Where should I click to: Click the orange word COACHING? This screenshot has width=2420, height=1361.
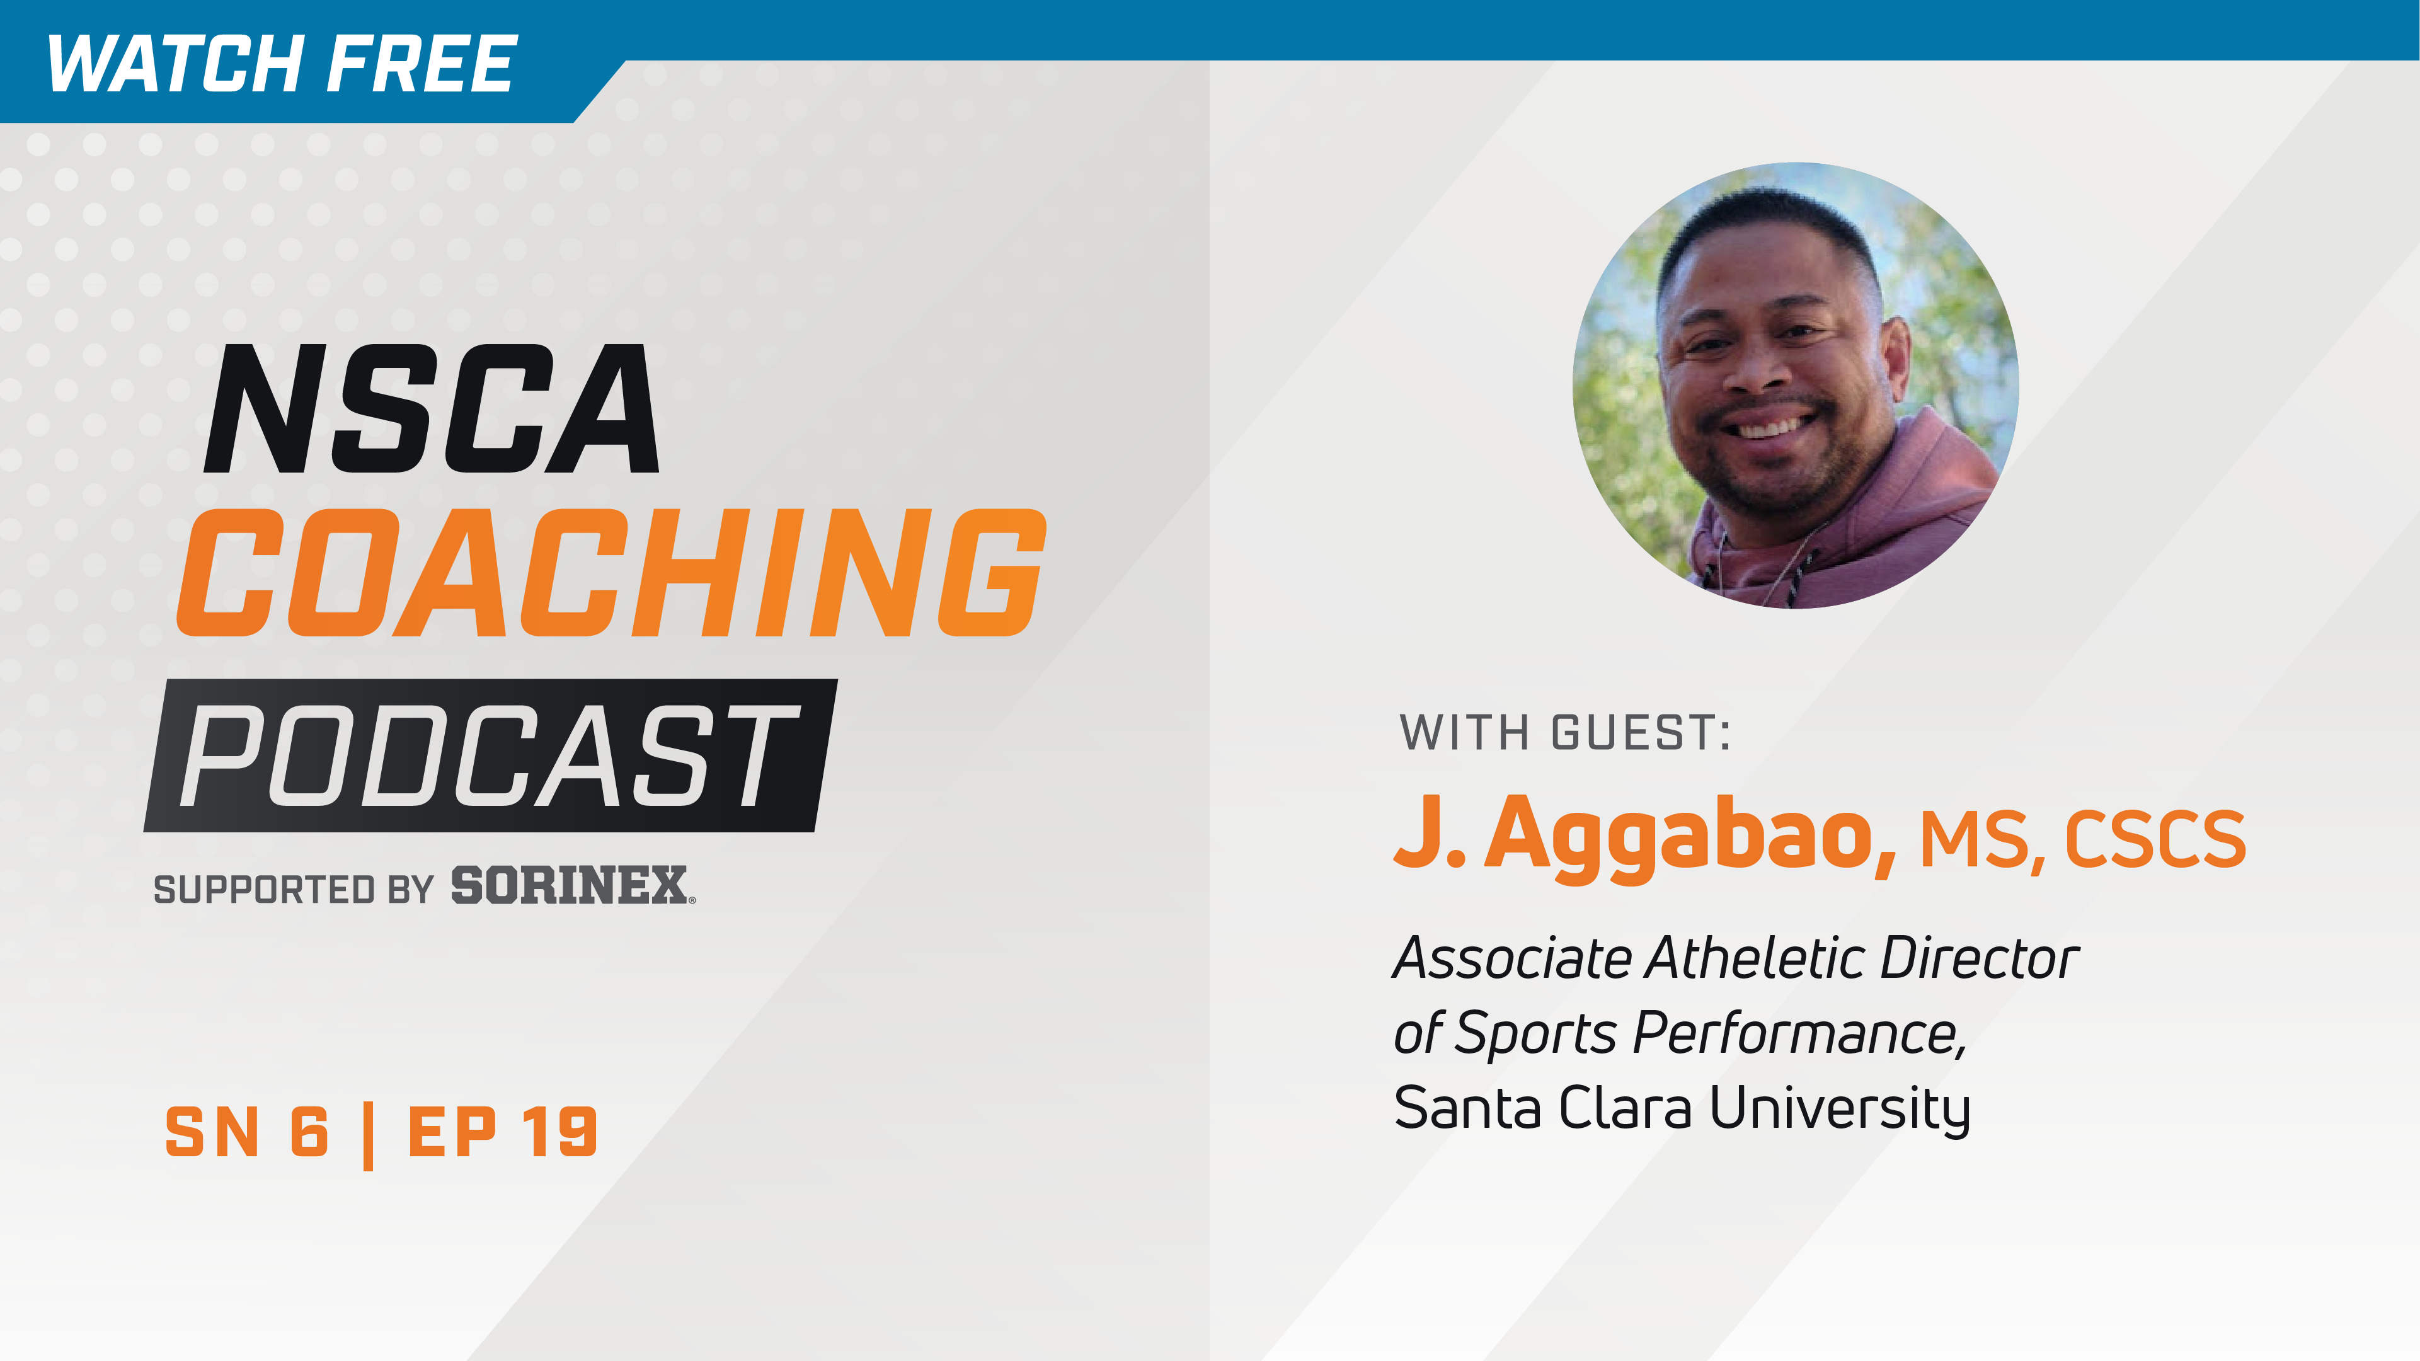point(611,573)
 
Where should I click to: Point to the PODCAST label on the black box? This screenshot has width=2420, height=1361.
point(488,756)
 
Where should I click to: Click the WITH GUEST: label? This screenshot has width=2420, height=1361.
point(1564,733)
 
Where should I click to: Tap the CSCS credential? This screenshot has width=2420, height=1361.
point(2154,839)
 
